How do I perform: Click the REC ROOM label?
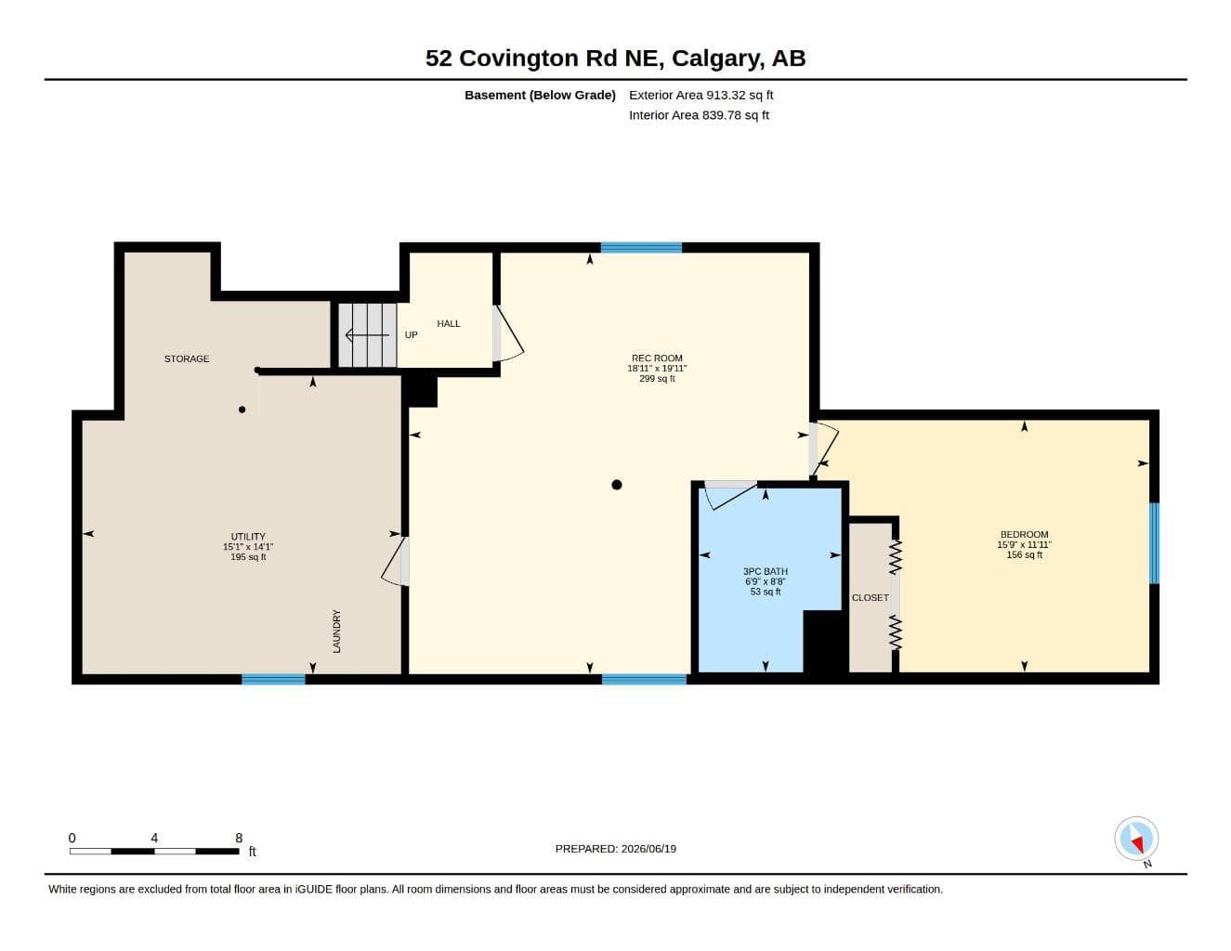click(x=657, y=358)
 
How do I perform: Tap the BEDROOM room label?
click(x=1024, y=534)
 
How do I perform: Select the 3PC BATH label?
click(x=766, y=571)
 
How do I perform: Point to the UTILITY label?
click(x=247, y=536)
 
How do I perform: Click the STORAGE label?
click(x=187, y=358)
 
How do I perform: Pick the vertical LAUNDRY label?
click(x=336, y=632)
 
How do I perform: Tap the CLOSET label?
click(x=871, y=597)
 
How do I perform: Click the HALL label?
click(x=448, y=323)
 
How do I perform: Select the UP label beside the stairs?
click(x=411, y=334)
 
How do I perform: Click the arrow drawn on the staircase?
click(x=367, y=335)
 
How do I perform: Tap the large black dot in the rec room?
click(x=616, y=484)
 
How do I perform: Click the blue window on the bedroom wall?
click(x=1154, y=543)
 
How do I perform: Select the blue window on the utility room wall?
click(x=273, y=679)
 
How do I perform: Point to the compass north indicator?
click(x=1136, y=840)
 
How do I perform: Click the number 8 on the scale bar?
click(x=239, y=838)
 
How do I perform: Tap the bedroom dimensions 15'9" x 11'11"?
click(x=1024, y=544)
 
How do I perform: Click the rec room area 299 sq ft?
click(x=657, y=378)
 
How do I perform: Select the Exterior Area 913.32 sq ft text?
click(x=701, y=95)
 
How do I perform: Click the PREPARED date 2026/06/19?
click(x=648, y=849)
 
